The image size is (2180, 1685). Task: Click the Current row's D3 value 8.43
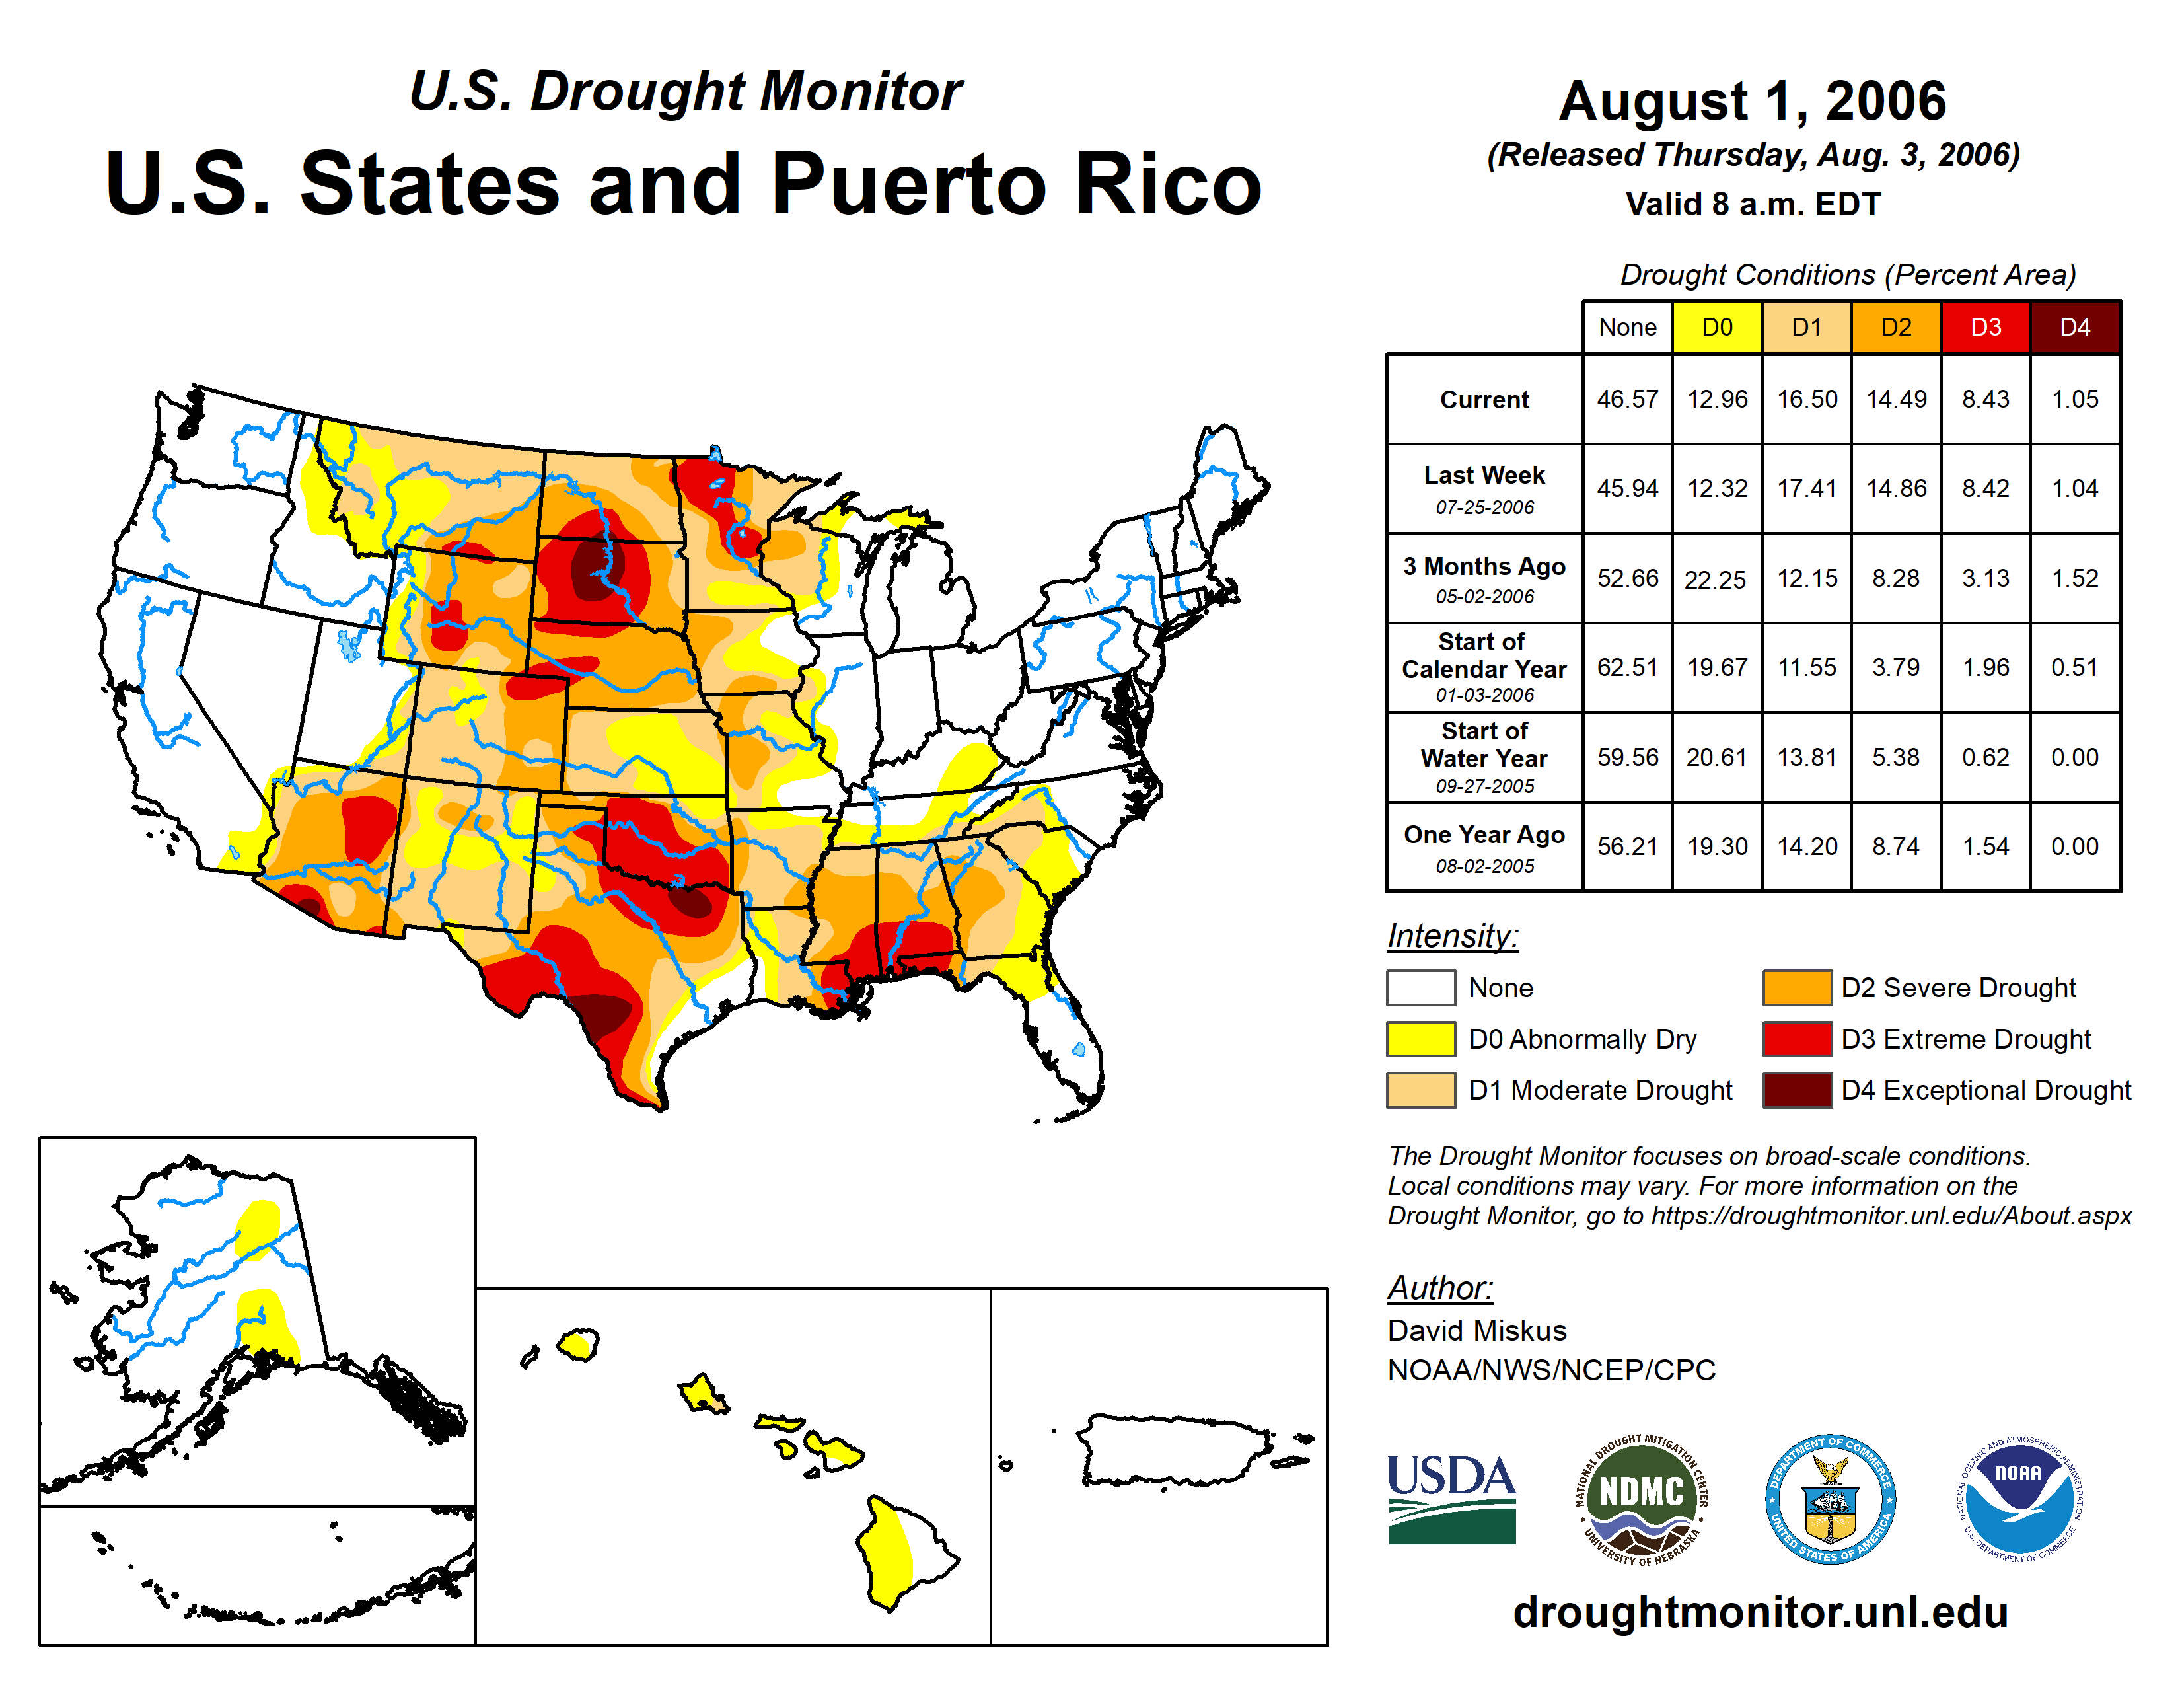[x=1984, y=399]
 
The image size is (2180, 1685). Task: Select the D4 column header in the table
[x=2074, y=327]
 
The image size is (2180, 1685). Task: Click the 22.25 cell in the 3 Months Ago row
[x=1715, y=579]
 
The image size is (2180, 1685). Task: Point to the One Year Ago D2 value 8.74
[x=1895, y=846]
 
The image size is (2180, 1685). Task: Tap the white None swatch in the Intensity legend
[x=1420, y=987]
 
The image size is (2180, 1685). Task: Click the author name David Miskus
[x=1476, y=1331]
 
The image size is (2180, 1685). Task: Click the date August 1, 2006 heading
[x=1752, y=101]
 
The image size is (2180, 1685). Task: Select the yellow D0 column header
[x=1717, y=327]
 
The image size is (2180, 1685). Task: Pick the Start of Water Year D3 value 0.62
[x=1984, y=758]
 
